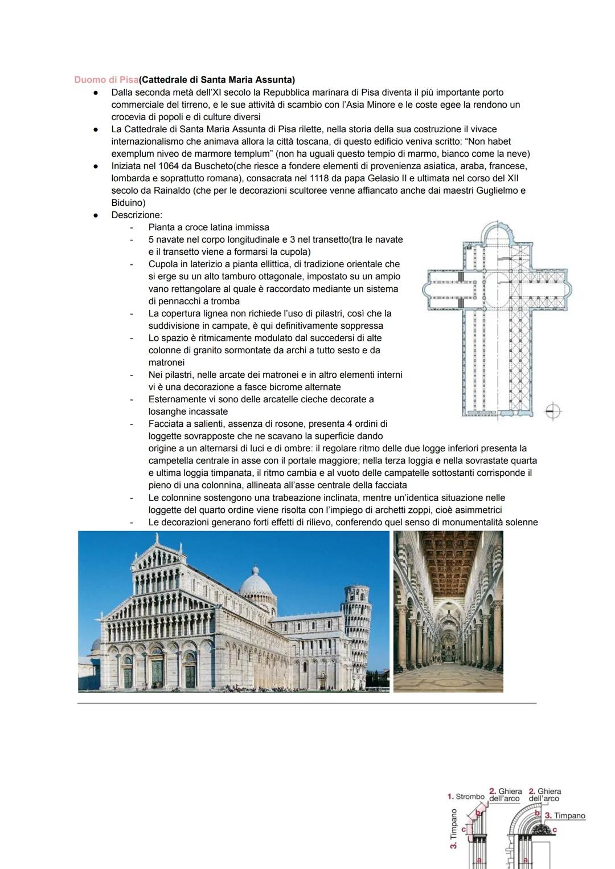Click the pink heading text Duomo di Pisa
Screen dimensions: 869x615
pyautogui.click(x=106, y=80)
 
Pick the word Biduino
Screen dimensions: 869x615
pyautogui.click(x=128, y=203)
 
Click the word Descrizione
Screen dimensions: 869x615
pyautogui.click(x=137, y=215)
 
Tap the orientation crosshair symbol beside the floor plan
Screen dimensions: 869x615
pyautogui.click(x=552, y=411)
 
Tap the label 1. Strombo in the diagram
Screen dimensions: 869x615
pyautogui.click(x=465, y=796)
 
